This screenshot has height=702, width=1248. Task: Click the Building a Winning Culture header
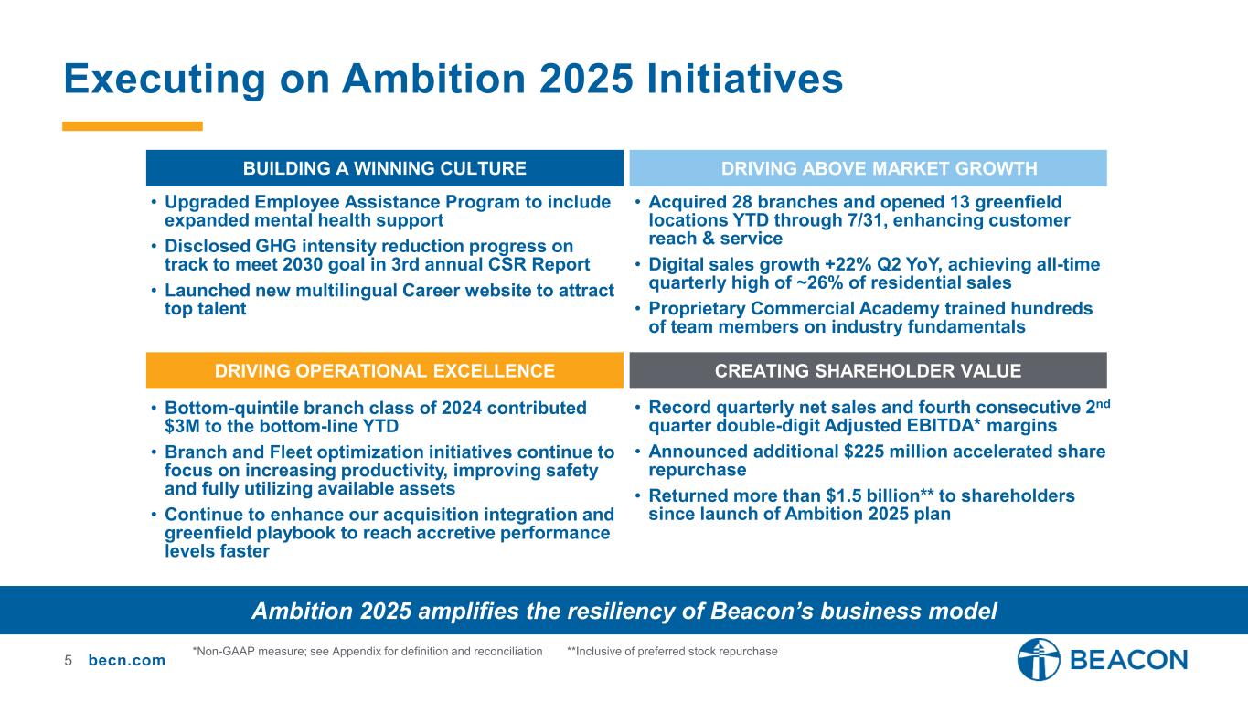coord(384,168)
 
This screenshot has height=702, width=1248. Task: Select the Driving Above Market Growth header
coord(868,168)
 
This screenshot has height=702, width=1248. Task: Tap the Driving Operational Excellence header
coord(384,370)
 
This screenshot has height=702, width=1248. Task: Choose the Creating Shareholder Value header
coord(868,370)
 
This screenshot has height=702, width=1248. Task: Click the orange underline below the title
coord(132,126)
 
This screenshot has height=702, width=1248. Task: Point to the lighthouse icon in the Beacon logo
coord(1039,660)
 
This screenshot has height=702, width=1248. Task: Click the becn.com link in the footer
coord(127,660)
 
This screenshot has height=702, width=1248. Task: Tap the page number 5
coord(68,660)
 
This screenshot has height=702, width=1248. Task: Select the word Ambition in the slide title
coord(434,79)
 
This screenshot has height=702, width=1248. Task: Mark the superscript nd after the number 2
coord(1104,403)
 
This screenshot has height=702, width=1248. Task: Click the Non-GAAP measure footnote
coord(368,652)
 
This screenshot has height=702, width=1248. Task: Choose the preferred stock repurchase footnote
coord(672,652)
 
